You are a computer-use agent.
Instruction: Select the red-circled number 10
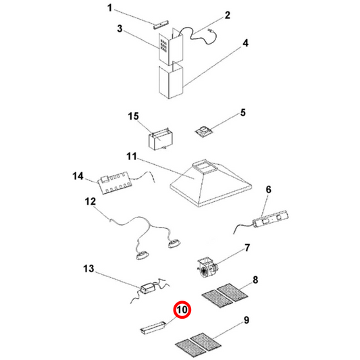tap(182, 311)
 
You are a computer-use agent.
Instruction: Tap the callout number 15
tap(133, 118)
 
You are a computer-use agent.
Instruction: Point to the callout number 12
tap(91, 201)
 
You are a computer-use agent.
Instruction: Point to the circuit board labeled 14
tap(115, 183)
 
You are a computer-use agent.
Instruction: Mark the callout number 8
tap(255, 279)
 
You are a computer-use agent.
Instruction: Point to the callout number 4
tap(246, 43)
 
